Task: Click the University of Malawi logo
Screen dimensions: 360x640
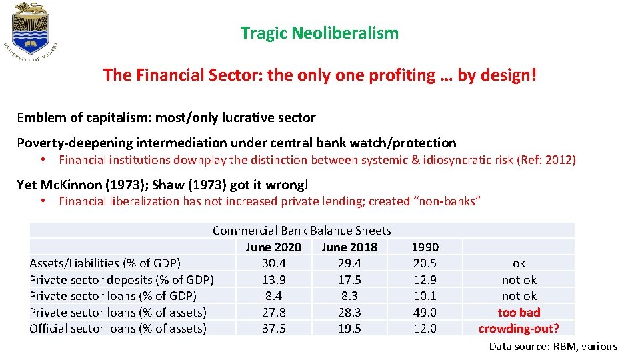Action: tap(32, 33)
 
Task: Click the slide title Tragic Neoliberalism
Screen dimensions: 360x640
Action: tap(319, 33)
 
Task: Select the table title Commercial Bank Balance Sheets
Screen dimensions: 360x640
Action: tap(301, 231)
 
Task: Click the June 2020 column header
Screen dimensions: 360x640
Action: tap(273, 247)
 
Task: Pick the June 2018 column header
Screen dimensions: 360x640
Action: tap(349, 247)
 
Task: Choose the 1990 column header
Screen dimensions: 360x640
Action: tap(425, 247)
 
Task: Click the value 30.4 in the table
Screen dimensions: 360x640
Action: tap(273, 263)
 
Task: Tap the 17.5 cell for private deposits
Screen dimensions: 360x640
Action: tap(349, 280)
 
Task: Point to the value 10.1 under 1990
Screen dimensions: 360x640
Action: tap(425, 296)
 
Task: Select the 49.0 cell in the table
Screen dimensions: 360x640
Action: tap(425, 312)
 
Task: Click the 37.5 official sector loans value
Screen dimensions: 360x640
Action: tap(273, 329)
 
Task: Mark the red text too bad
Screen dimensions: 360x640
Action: tap(519, 312)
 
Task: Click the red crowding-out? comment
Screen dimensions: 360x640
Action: tap(519, 329)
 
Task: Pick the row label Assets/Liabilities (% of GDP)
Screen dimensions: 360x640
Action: tap(105, 263)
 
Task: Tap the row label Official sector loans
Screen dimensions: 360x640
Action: tap(118, 329)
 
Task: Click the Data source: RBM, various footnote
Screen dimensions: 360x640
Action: tap(553, 346)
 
